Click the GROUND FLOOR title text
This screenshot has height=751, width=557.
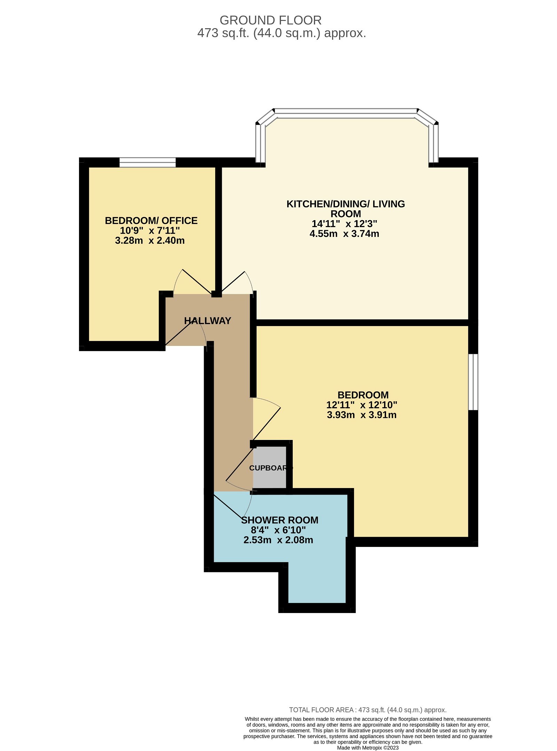pyautogui.click(x=270, y=20)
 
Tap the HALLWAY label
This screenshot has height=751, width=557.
pyautogui.click(x=207, y=321)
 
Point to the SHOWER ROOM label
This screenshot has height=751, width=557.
pyautogui.click(x=280, y=520)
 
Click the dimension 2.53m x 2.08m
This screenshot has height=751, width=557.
pyautogui.click(x=278, y=540)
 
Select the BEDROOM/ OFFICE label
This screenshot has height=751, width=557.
pyautogui.click(x=151, y=220)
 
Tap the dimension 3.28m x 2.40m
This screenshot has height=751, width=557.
pyautogui.click(x=150, y=240)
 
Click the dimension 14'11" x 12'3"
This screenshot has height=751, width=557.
pyautogui.click(x=344, y=224)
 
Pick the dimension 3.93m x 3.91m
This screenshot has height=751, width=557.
pyautogui.click(x=362, y=415)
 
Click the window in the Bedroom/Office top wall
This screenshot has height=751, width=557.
pyautogui.click(x=148, y=162)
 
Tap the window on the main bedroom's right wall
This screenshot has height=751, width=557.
pyautogui.click(x=473, y=382)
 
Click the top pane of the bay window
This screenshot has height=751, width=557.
pyautogui.click(x=345, y=111)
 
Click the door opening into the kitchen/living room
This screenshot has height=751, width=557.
pyautogui.click(x=234, y=282)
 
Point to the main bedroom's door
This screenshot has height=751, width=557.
pyautogui.click(x=267, y=423)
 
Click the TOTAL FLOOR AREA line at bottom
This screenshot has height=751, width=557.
pyautogui.click(x=368, y=710)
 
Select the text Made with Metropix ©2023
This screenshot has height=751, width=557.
pyautogui.click(x=368, y=748)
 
